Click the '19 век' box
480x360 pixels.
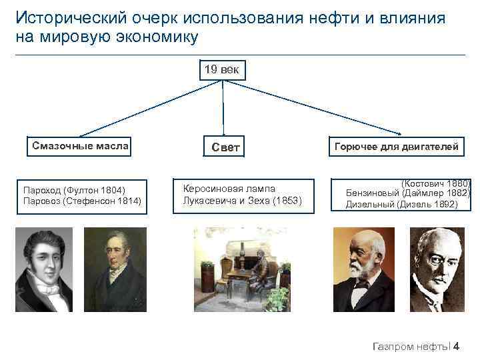tap(223, 69)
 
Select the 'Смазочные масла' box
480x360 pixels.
tap(80, 146)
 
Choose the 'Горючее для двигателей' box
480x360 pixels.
tap(396, 147)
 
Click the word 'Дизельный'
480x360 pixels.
tap(369, 205)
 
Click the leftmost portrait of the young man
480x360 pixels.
tap(45, 270)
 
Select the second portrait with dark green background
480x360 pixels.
tap(115, 270)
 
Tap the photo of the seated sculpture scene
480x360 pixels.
tap(242, 269)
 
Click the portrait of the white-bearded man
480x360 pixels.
tap(363, 270)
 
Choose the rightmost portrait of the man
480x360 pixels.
tap(437, 270)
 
